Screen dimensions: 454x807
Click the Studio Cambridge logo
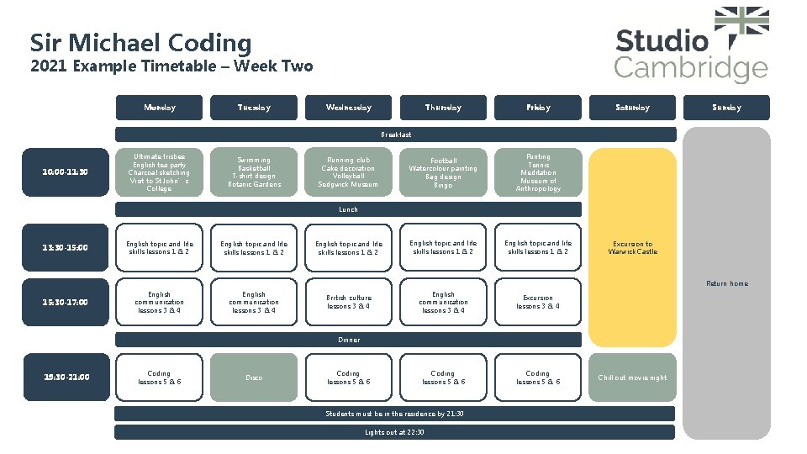coord(691,46)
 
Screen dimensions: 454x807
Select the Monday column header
coord(160,108)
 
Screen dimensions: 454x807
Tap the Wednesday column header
coord(348,108)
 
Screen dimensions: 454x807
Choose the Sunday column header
coord(726,108)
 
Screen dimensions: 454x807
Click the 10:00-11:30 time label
coord(65,172)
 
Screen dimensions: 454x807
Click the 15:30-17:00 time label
coord(65,302)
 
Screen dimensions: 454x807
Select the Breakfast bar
coord(395,135)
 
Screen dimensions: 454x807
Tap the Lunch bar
coord(348,209)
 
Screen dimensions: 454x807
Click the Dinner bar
coord(348,340)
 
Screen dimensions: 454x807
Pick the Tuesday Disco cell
coord(254,377)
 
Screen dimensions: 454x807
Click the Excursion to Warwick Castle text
coord(632,247)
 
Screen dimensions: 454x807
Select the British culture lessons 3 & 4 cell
coord(348,302)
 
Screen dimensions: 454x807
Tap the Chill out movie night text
coord(632,377)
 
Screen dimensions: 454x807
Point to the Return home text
coord(726,283)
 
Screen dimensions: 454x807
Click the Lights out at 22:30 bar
coord(394,432)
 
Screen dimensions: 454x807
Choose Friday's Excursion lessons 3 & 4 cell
coord(538,302)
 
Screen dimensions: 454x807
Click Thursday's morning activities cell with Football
coord(443,172)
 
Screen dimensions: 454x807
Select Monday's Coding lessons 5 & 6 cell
coord(160,377)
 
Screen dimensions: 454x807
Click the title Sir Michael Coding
coord(140,42)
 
